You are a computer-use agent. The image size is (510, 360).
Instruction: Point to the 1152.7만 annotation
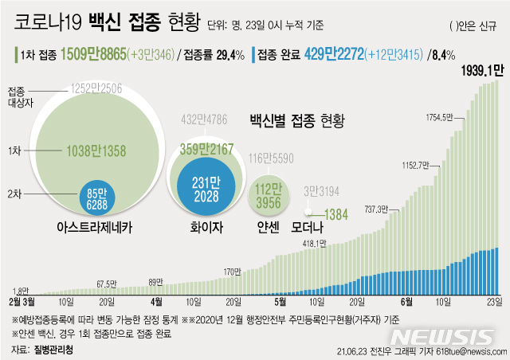tap(422, 166)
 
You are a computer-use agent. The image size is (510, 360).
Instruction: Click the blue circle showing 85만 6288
tap(94, 198)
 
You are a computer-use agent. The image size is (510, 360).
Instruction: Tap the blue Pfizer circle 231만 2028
tap(205, 182)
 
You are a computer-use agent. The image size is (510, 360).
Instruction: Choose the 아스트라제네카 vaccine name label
tap(94, 227)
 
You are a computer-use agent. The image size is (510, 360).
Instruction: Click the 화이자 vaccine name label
tap(205, 227)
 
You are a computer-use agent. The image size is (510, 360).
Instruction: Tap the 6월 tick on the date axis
tap(406, 301)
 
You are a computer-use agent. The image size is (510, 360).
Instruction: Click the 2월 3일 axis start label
tap(22, 301)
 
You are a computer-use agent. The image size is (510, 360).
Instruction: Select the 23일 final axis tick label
tap(495, 301)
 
